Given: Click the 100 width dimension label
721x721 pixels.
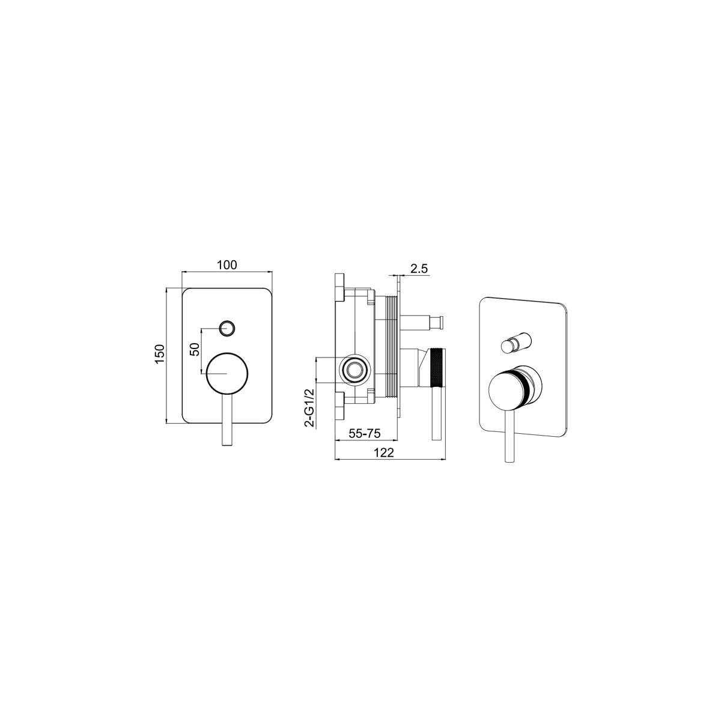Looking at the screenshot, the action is [x=227, y=265].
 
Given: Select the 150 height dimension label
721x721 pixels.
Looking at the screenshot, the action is [x=160, y=353].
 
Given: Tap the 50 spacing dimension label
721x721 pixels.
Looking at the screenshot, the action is [x=195, y=350].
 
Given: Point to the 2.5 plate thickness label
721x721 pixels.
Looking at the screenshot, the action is [x=419, y=268].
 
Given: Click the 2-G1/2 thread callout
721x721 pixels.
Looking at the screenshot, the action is [x=310, y=408].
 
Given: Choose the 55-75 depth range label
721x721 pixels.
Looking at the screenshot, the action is [x=365, y=433].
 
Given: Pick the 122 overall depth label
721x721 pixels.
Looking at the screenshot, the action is [x=384, y=453].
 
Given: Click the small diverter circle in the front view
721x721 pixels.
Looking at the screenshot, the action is [x=227, y=329].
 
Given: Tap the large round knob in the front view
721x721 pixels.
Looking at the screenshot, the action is [x=227, y=373].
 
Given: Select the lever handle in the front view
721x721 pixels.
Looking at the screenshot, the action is [x=227, y=419].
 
